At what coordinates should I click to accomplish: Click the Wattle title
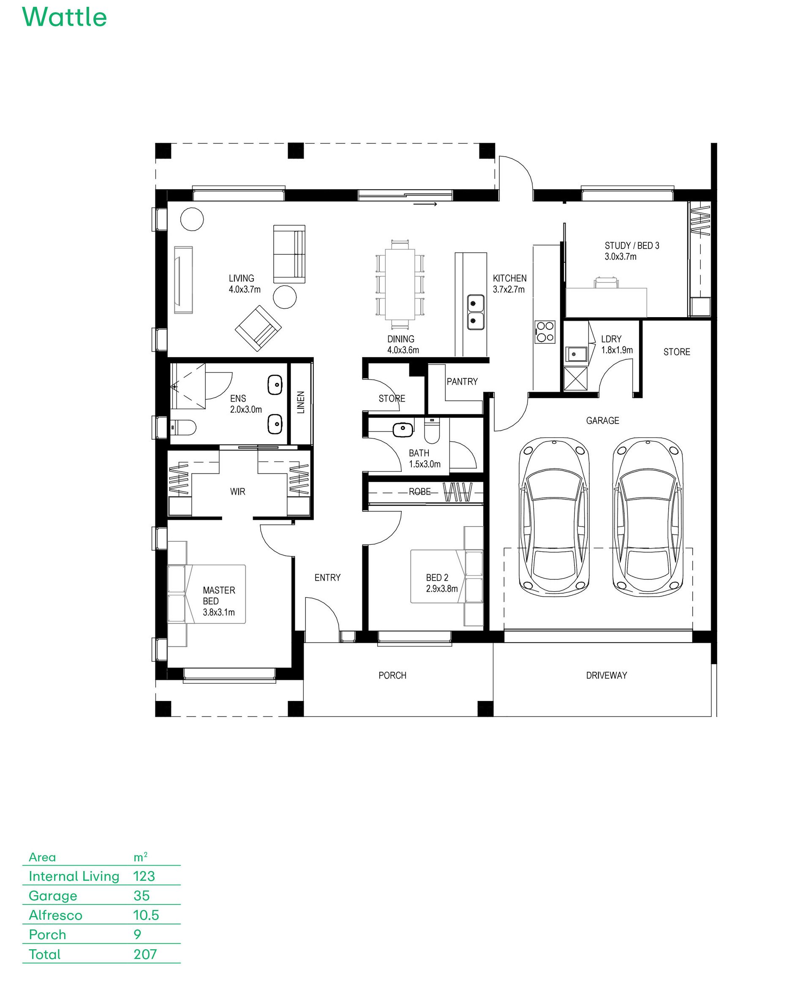[x=65, y=17]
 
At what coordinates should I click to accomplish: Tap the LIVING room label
[x=242, y=278]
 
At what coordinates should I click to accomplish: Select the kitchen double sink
[x=476, y=312]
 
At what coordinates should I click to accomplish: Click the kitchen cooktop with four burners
[x=545, y=331]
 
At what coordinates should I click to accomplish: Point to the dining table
[x=400, y=284]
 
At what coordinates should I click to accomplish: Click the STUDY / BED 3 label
[x=631, y=246]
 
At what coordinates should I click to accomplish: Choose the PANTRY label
[x=462, y=382]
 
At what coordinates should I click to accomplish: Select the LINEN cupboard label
[x=301, y=402]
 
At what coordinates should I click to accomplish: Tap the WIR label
[x=238, y=492]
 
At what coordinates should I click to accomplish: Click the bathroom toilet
[x=432, y=430]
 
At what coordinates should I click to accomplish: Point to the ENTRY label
[x=327, y=577]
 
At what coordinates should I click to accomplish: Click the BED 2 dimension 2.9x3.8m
[x=442, y=589]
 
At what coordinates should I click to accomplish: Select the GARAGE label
[x=603, y=420]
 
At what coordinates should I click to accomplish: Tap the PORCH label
[x=392, y=675]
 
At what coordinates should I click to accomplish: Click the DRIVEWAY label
[x=607, y=675]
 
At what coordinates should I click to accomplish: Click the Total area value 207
[x=145, y=954]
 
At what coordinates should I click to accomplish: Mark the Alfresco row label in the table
[x=56, y=915]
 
